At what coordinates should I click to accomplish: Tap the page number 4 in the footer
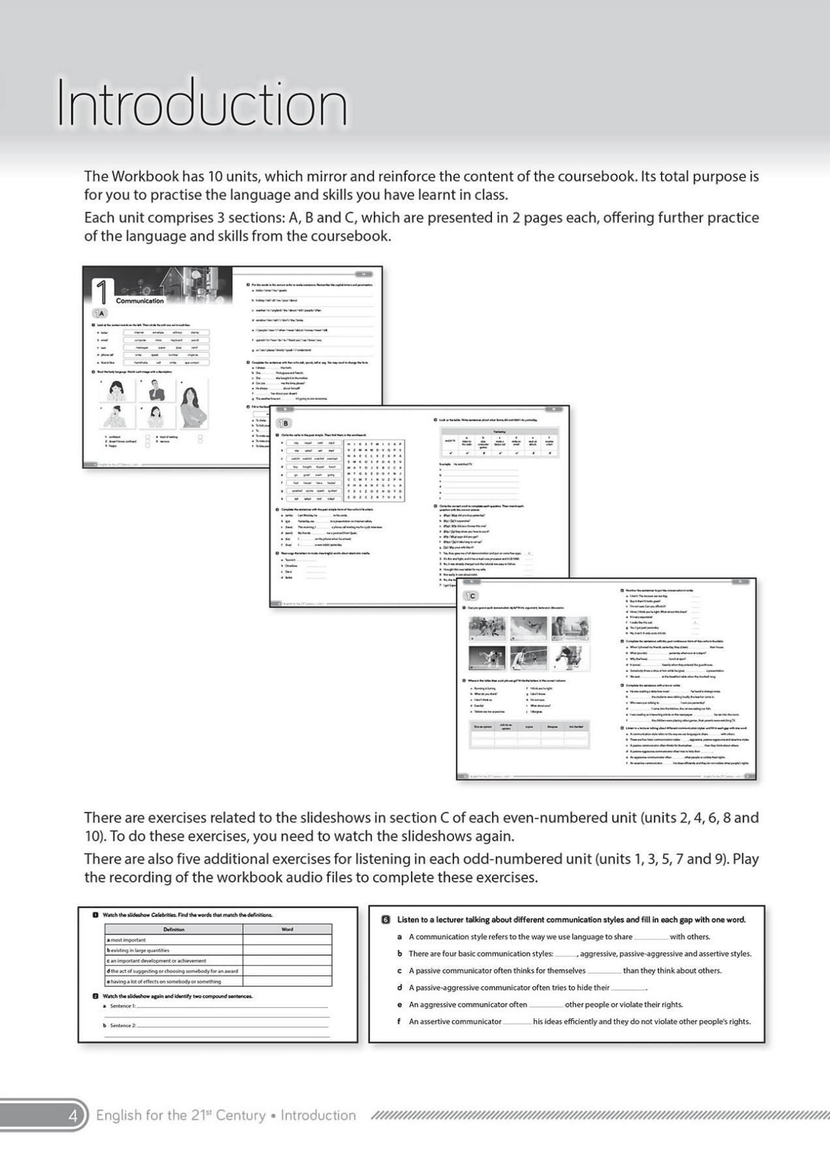pyautogui.click(x=73, y=1115)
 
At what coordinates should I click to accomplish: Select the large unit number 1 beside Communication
pyautogui.click(x=103, y=293)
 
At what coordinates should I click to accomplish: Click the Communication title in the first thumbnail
pyautogui.click(x=140, y=301)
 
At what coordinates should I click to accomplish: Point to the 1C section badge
pyautogui.click(x=470, y=595)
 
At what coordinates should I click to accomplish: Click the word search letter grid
pyautogui.click(x=374, y=470)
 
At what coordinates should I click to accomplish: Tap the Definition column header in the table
pyautogui.click(x=174, y=929)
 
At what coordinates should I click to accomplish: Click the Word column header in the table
pyautogui.click(x=287, y=929)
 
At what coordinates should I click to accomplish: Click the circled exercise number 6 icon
pyautogui.click(x=386, y=920)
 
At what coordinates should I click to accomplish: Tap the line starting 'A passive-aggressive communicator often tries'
pyautogui.click(x=522, y=987)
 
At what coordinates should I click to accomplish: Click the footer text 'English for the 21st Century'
pyautogui.click(x=181, y=1115)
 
